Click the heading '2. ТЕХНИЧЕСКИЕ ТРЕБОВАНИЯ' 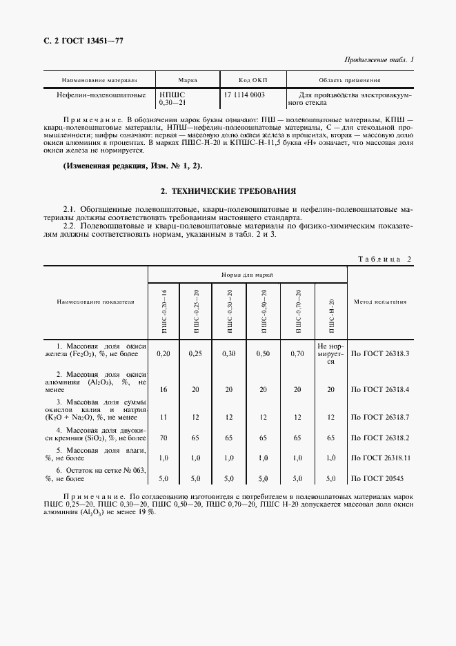(x=228, y=190)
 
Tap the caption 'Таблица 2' (x=385, y=259)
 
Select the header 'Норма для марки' (x=247, y=274)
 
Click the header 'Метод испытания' (x=380, y=302)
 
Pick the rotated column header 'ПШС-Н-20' (x=331, y=315)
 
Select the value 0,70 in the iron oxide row (x=297, y=353)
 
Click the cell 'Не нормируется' (x=331, y=353)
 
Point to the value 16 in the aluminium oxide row (x=163, y=390)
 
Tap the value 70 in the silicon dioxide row (x=163, y=438)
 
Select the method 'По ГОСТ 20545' (x=380, y=478)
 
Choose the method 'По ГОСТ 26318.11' (x=380, y=458)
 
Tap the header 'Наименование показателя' (x=96, y=302)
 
